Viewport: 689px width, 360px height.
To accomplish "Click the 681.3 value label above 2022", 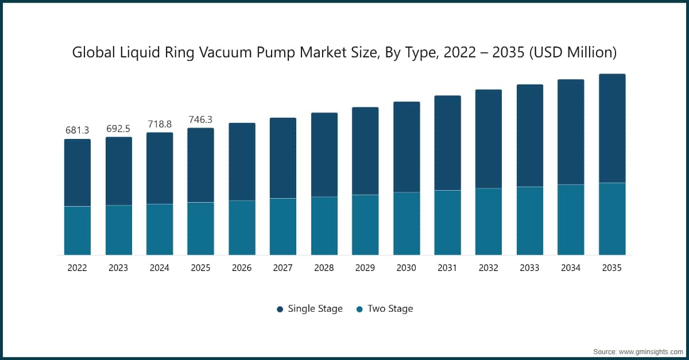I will [78, 130].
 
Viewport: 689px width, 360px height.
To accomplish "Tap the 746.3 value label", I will [200, 119].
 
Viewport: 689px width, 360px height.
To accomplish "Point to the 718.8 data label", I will [160, 124].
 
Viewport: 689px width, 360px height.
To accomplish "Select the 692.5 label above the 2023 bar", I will [119, 128].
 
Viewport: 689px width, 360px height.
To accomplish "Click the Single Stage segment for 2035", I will [612, 128].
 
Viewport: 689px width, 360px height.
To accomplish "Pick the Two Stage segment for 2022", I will [78, 230].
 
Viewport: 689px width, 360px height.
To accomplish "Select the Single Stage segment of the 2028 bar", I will [324, 154].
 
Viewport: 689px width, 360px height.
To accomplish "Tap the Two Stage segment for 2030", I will [407, 223].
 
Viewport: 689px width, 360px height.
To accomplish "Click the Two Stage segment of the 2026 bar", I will [242, 227].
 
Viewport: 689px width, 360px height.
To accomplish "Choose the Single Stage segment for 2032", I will [489, 138].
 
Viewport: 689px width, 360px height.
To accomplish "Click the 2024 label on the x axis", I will [160, 268].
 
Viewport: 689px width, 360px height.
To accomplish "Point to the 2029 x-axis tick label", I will [365, 268].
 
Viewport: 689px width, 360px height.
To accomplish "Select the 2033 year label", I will [530, 268].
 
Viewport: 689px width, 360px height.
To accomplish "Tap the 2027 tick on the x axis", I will [283, 268].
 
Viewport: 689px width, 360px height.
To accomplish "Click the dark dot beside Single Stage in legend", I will [280, 309].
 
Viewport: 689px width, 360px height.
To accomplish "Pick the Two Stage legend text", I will [390, 309].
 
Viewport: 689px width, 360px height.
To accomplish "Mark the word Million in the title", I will [587, 53].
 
